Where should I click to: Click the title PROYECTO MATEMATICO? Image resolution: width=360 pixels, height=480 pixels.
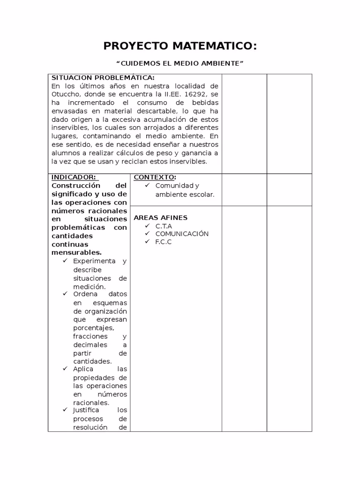(x=180, y=46)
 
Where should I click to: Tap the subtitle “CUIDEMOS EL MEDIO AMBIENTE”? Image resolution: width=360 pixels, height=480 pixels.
(x=180, y=63)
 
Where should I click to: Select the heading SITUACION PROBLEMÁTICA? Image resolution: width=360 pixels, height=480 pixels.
(x=103, y=78)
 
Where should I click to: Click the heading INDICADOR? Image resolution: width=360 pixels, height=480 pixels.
(x=74, y=177)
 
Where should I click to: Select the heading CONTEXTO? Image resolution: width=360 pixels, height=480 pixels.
(x=155, y=177)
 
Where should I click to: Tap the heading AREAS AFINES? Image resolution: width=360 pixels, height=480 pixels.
(x=160, y=217)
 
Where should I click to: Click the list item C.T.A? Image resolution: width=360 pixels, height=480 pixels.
(x=164, y=226)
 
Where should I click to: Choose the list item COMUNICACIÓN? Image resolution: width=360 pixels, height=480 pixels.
(x=182, y=234)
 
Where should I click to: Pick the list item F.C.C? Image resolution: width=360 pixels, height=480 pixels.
(x=164, y=242)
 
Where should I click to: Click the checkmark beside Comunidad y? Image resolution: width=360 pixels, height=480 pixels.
(x=147, y=186)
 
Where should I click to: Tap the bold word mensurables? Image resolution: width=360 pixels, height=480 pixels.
(x=76, y=253)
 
